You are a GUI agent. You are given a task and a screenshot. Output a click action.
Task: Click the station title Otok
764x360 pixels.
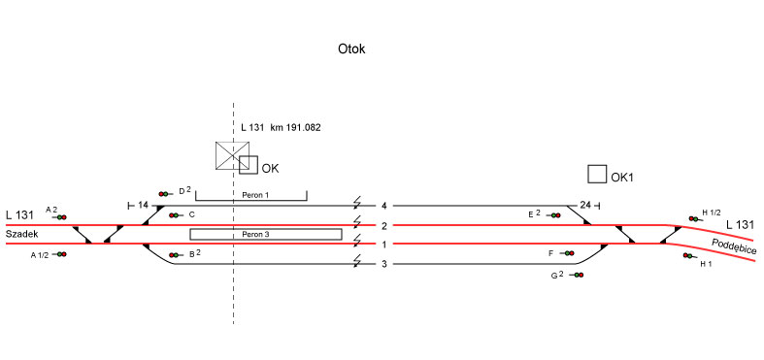(x=351, y=49)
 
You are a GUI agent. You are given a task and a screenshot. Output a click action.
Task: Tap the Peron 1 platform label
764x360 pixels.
(x=255, y=195)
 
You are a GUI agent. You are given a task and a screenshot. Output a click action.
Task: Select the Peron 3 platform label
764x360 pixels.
(x=255, y=234)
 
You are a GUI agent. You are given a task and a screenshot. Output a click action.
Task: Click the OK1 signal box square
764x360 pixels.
(x=597, y=174)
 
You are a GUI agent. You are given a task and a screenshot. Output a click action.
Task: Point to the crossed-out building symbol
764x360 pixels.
(x=232, y=156)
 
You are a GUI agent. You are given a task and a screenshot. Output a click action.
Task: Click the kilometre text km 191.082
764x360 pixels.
(x=295, y=128)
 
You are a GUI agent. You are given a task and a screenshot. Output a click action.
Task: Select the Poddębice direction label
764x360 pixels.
(x=734, y=246)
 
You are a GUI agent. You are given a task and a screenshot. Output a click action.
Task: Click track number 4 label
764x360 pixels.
(x=384, y=206)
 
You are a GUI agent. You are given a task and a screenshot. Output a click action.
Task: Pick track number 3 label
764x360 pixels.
(x=384, y=264)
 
